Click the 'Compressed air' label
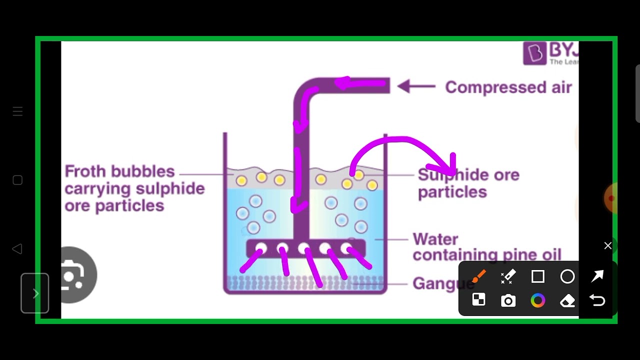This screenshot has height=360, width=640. point(508,87)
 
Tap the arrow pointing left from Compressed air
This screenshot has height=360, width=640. point(416,86)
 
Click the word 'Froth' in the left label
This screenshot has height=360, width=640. point(85,171)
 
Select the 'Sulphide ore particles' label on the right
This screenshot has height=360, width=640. point(468,183)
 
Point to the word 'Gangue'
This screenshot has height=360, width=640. point(442,283)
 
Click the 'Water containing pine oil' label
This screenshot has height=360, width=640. point(486,246)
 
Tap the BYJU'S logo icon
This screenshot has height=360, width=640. point(534,53)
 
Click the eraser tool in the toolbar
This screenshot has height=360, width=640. point(567,300)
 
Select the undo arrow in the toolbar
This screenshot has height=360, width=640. point(597,300)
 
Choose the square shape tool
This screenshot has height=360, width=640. point(538,276)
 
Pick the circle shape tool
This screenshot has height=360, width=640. point(567,276)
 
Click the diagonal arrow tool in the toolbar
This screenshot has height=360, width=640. point(597,276)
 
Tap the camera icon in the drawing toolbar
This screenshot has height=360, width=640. point(508,300)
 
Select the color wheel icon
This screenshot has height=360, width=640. point(538,300)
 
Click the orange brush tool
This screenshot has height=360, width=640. point(479,276)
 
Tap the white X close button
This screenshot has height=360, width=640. point(607,245)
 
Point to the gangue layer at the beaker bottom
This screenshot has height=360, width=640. point(305,283)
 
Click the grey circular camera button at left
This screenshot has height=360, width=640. point(75,274)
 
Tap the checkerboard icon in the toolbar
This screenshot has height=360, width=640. point(479,300)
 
